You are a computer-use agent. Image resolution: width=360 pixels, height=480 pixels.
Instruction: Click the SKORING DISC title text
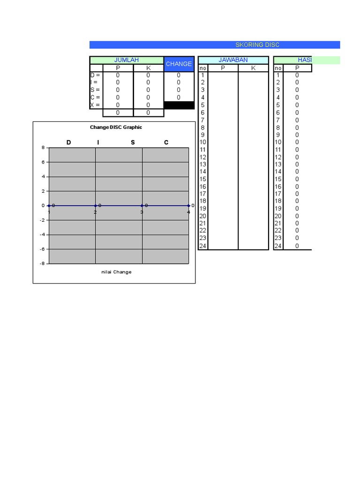257,45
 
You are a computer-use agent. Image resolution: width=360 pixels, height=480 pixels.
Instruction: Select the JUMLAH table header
127,60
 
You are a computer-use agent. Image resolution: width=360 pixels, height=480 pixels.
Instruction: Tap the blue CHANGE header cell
179,64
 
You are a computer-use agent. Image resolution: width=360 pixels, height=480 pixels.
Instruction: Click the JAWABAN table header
233,60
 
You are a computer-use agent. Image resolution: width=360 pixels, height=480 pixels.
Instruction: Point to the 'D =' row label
95,75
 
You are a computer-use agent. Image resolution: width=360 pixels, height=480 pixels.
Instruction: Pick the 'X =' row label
95,105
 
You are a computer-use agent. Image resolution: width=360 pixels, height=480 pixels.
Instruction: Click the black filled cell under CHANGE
179,105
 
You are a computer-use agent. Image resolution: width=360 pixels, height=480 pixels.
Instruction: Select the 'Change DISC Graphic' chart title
116,127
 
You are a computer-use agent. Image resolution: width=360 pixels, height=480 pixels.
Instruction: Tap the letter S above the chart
133,142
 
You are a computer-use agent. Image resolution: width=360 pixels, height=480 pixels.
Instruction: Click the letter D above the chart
69,142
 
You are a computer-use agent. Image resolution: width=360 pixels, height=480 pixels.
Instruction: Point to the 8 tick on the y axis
43,148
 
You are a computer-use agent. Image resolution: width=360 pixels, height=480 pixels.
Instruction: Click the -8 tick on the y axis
42,263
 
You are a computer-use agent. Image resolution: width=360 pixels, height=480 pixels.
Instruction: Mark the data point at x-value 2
96,205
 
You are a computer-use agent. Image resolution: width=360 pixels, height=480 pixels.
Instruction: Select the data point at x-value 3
142,205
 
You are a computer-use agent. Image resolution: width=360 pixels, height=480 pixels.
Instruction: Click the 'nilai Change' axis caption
116,272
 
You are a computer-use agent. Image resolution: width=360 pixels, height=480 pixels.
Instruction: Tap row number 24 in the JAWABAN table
203,246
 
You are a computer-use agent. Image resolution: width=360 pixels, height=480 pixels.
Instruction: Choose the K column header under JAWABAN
254,68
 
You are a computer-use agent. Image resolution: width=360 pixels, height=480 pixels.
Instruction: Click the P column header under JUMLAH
118,68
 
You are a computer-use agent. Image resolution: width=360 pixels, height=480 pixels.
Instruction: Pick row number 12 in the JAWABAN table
203,157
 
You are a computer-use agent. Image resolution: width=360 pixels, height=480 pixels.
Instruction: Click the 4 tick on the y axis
43,177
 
